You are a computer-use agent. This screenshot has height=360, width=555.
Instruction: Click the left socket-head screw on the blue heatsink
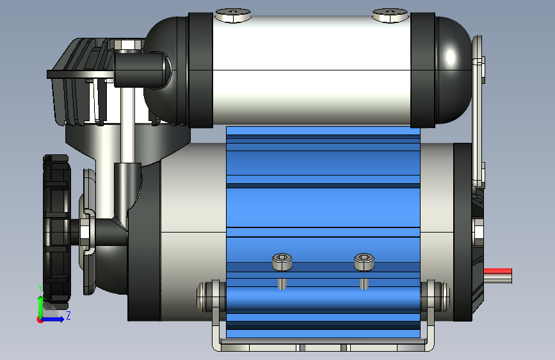coord(282,262)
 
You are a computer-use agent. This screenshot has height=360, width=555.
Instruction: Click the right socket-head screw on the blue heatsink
coord(364,262)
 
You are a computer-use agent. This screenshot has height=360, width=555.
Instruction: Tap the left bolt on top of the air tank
coord(233,15)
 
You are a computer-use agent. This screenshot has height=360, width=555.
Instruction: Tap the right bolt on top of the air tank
coord(390,15)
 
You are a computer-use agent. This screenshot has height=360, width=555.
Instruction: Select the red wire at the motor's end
coord(497,271)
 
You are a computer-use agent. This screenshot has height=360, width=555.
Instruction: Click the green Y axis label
coord(40,288)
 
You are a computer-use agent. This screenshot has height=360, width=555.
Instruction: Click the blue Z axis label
coord(68,315)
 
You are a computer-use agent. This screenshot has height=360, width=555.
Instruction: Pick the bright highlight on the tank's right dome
coord(450,57)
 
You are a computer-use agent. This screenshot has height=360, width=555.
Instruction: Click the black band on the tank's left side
coord(200,70)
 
